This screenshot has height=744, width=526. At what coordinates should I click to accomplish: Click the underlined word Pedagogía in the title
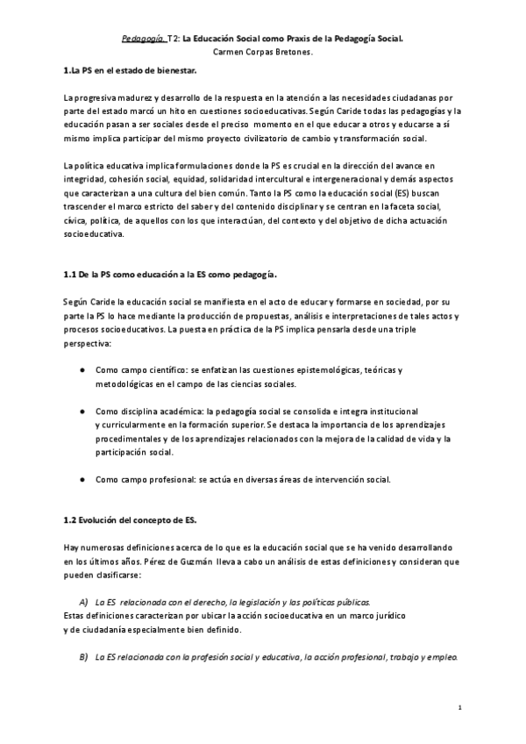(x=141, y=39)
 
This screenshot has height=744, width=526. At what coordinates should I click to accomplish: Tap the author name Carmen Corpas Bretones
(x=262, y=53)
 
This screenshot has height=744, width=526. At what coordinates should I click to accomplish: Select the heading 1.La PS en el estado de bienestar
(x=131, y=69)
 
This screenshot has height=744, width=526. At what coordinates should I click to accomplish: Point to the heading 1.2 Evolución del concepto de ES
(x=136, y=520)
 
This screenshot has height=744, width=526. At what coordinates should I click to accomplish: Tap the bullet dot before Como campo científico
(x=82, y=371)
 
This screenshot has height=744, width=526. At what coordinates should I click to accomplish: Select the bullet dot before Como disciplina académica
(x=82, y=411)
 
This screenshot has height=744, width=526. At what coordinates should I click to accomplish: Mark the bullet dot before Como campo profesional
(x=82, y=480)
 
